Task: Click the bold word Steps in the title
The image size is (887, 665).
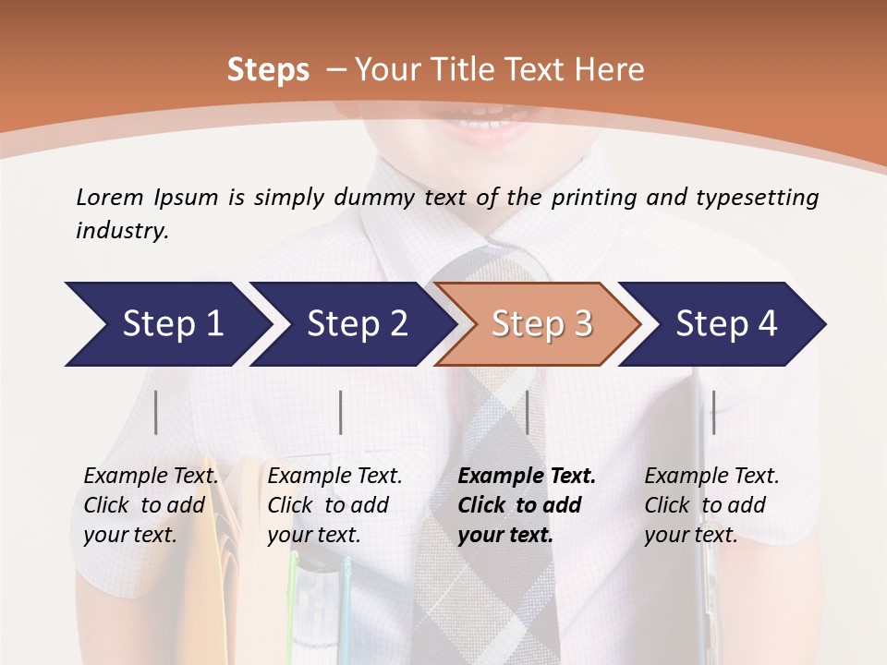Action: click(268, 70)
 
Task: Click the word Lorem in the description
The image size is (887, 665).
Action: click(110, 197)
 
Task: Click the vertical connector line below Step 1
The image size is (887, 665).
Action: click(156, 412)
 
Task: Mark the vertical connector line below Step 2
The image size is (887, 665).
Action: click(341, 412)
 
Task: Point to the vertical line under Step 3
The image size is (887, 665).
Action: click(528, 412)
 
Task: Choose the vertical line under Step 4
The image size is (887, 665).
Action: click(713, 412)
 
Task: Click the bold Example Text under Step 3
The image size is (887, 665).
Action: click(527, 477)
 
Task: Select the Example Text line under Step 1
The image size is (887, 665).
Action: click(151, 477)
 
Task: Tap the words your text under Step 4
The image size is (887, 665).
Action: click(691, 535)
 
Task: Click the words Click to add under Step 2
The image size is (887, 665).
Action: click(328, 505)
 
